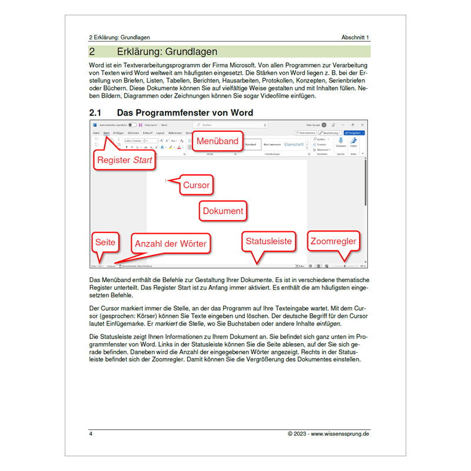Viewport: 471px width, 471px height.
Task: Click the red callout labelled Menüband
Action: click(217, 141)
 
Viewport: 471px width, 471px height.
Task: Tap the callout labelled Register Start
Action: click(124, 160)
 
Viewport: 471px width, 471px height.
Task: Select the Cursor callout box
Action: click(196, 185)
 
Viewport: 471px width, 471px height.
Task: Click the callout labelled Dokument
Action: click(223, 211)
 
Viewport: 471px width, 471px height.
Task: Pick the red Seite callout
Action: click(105, 241)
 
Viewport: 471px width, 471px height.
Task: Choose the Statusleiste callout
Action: click(268, 241)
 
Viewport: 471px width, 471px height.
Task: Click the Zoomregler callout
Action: click(333, 241)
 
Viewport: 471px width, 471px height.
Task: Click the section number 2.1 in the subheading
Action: click(95, 112)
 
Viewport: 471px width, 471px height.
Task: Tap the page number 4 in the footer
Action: click(91, 434)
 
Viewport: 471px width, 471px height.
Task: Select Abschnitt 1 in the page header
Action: click(355, 38)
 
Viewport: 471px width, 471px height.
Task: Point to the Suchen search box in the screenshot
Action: click(230, 125)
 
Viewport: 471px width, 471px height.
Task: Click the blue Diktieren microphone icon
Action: click(340, 141)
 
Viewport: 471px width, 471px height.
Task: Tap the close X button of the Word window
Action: click(362, 125)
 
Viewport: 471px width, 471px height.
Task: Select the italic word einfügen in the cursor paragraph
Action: click(329, 323)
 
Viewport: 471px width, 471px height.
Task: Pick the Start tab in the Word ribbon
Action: click(107, 133)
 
